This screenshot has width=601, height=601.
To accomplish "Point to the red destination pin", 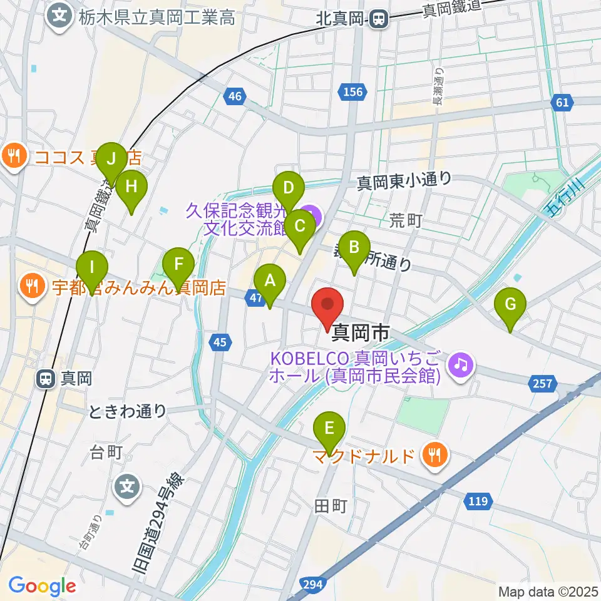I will point(328,306).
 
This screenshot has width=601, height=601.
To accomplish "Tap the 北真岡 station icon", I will point(378,19).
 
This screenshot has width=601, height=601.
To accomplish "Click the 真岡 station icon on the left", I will point(46,378).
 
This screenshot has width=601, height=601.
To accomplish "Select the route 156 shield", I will point(352,92).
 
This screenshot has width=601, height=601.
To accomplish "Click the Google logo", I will point(43,586).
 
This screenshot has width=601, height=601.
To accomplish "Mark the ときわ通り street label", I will point(128,411).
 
